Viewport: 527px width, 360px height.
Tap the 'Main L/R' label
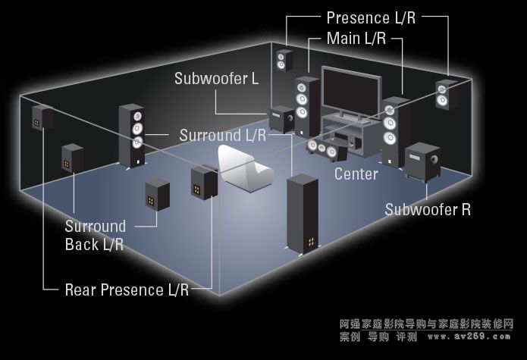pos(356,37)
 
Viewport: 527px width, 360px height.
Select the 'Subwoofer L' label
pos(216,78)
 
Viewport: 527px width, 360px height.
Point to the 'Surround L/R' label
pos(223,136)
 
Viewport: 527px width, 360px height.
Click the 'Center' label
pos(356,174)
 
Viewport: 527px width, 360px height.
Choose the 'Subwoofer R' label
pos(428,209)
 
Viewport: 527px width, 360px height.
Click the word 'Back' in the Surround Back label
pos(82,244)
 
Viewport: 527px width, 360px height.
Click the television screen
pos(350,89)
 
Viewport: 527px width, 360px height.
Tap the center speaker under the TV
pos(327,147)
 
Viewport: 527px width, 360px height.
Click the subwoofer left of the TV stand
pos(281,120)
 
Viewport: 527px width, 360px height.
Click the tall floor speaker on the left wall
pos(131,135)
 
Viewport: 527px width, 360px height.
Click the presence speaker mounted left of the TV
pos(284,59)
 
